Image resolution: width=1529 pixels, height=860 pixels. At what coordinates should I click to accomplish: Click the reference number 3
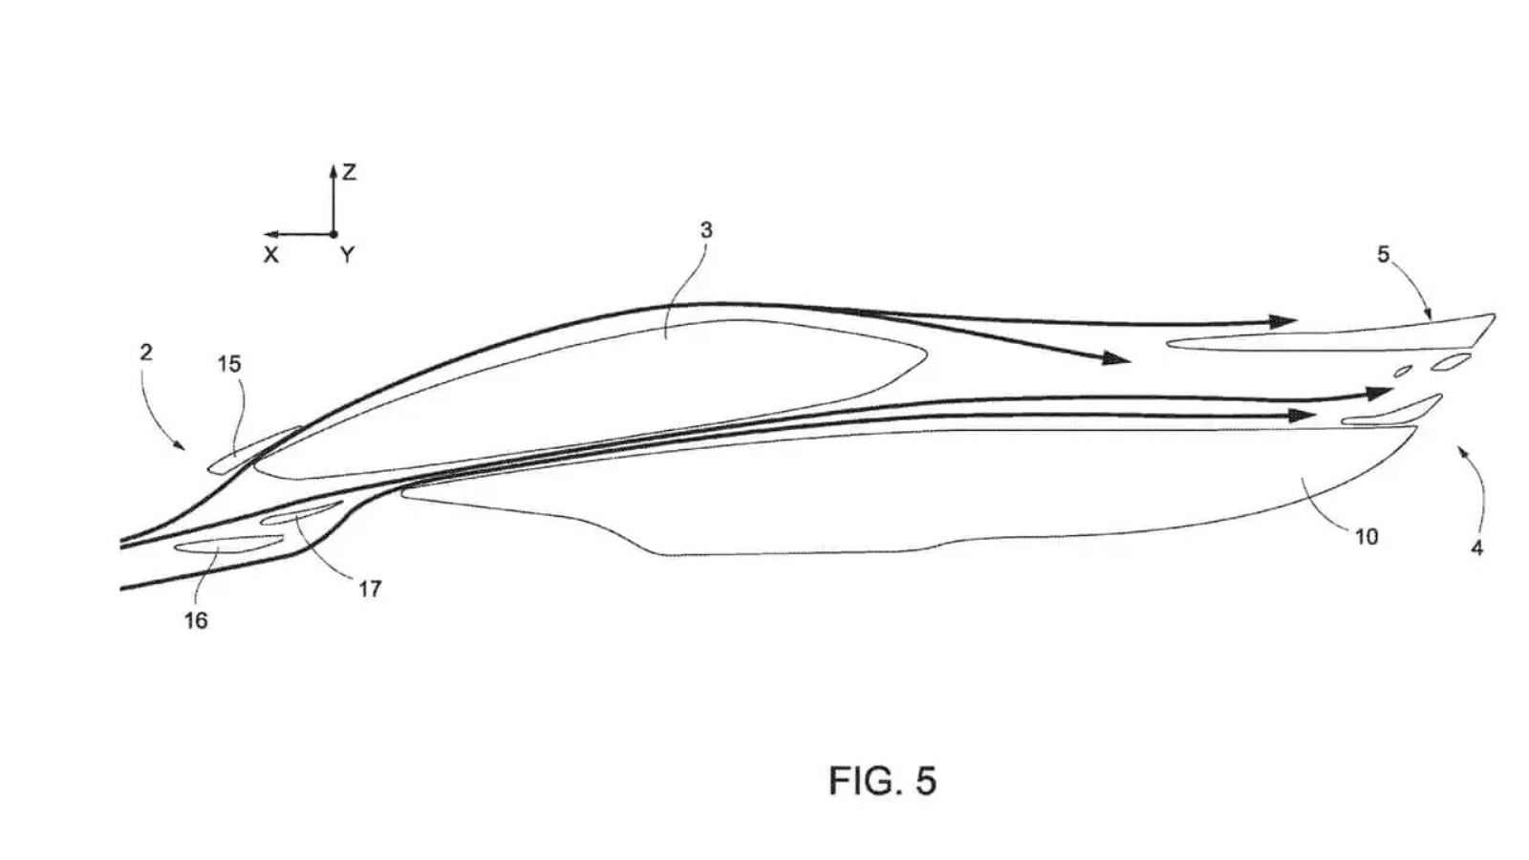tap(706, 230)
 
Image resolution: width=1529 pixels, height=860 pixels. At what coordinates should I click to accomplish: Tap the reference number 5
tap(1383, 254)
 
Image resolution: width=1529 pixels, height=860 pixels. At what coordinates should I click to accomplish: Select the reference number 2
tap(146, 353)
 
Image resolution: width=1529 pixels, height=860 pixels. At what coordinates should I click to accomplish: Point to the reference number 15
tap(229, 364)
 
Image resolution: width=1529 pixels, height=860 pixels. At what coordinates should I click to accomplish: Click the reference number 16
tap(196, 620)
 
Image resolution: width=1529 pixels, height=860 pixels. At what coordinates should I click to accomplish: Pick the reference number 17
tap(370, 589)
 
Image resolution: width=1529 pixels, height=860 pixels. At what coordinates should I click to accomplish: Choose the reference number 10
tap(1367, 537)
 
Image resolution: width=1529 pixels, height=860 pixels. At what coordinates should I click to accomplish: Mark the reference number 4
tap(1476, 548)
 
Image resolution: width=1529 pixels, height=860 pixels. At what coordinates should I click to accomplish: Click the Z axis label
tap(350, 173)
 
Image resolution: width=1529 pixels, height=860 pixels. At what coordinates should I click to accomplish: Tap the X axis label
tap(271, 255)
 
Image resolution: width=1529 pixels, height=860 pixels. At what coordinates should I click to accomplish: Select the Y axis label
tap(348, 255)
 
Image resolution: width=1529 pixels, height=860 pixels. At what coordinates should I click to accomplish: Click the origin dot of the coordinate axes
tap(334, 234)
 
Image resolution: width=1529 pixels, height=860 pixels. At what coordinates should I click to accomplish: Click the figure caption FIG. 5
tap(883, 781)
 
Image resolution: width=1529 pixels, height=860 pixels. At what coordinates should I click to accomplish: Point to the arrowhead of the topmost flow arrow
tap(1282, 321)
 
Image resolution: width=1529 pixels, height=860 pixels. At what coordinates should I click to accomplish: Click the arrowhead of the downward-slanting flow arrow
tap(1117, 357)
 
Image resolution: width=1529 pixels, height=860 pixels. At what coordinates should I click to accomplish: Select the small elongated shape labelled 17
tap(301, 513)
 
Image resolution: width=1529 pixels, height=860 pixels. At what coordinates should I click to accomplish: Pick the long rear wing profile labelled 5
tap(1331, 339)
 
